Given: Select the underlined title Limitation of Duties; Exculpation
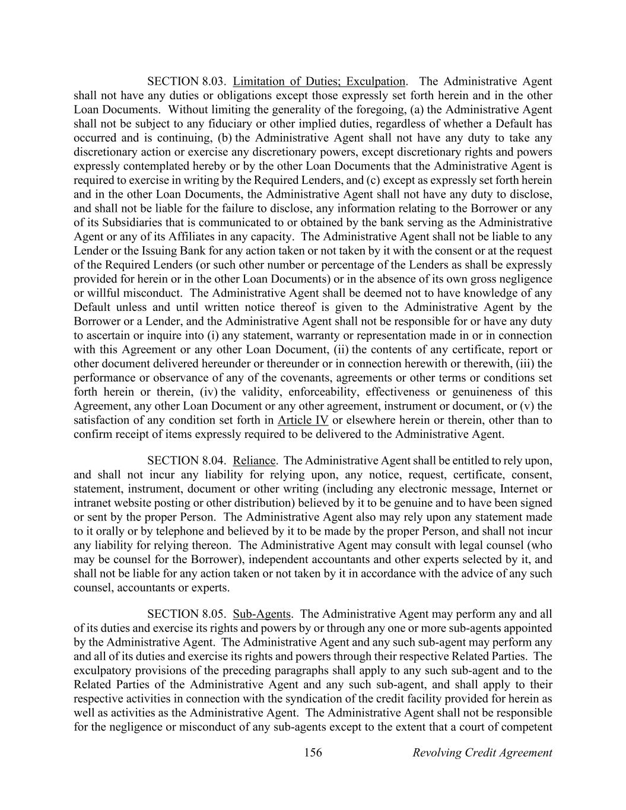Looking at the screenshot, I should pyautogui.click(x=319, y=81).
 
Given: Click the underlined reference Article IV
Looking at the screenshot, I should pyautogui.click(x=303, y=420).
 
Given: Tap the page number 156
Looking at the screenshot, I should pyautogui.click(x=313, y=752).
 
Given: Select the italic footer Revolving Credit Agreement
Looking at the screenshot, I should pyautogui.click(x=482, y=752).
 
